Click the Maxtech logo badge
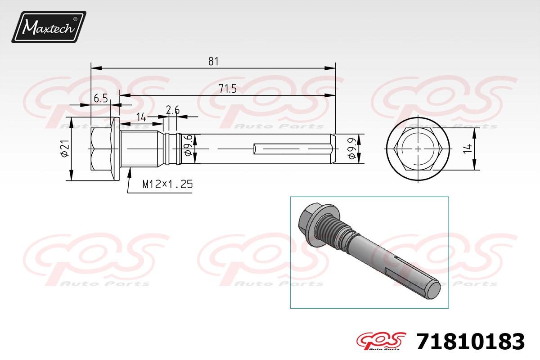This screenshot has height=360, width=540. [49, 27]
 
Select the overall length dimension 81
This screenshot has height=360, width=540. [213, 62]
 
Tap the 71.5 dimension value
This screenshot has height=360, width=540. [228, 89]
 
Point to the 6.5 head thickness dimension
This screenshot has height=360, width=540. [101, 99]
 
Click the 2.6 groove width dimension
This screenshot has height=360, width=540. [173, 110]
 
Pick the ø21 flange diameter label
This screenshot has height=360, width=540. [65, 148]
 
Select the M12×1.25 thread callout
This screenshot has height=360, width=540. [167, 184]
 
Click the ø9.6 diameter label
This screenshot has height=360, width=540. [188, 145]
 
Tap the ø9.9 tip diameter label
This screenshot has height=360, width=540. [352, 148]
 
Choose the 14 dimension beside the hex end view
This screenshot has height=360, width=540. [468, 148]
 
